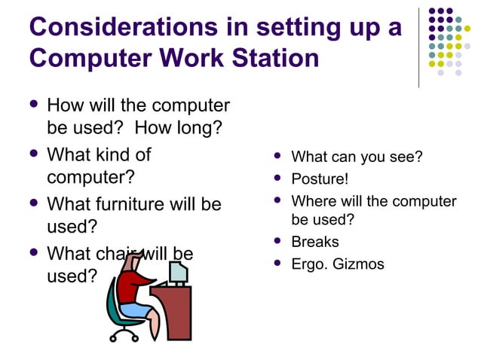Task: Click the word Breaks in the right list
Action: [315, 242]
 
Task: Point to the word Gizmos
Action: [357, 264]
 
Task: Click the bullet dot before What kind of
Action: [32, 155]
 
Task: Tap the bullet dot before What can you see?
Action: [278, 157]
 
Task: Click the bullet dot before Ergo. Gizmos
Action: [278, 264]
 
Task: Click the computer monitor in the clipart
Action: [178, 272]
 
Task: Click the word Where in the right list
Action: [313, 201]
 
